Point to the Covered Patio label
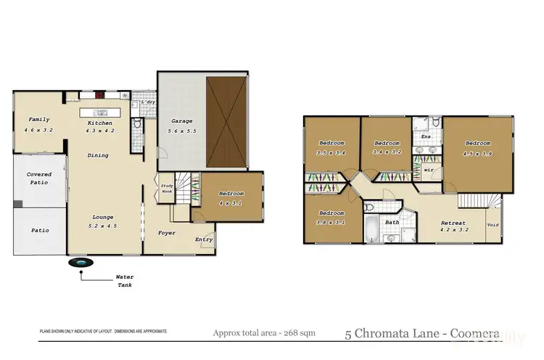click(x=38, y=179)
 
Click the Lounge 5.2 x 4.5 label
click(x=102, y=221)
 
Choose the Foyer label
click(x=166, y=233)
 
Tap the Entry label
click(x=203, y=239)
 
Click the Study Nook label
click(x=167, y=189)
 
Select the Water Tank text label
click(x=124, y=280)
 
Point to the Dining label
click(x=98, y=155)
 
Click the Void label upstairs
click(x=493, y=225)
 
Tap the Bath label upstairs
click(x=392, y=223)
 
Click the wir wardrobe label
click(x=428, y=171)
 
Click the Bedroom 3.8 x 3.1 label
click(x=331, y=216)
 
